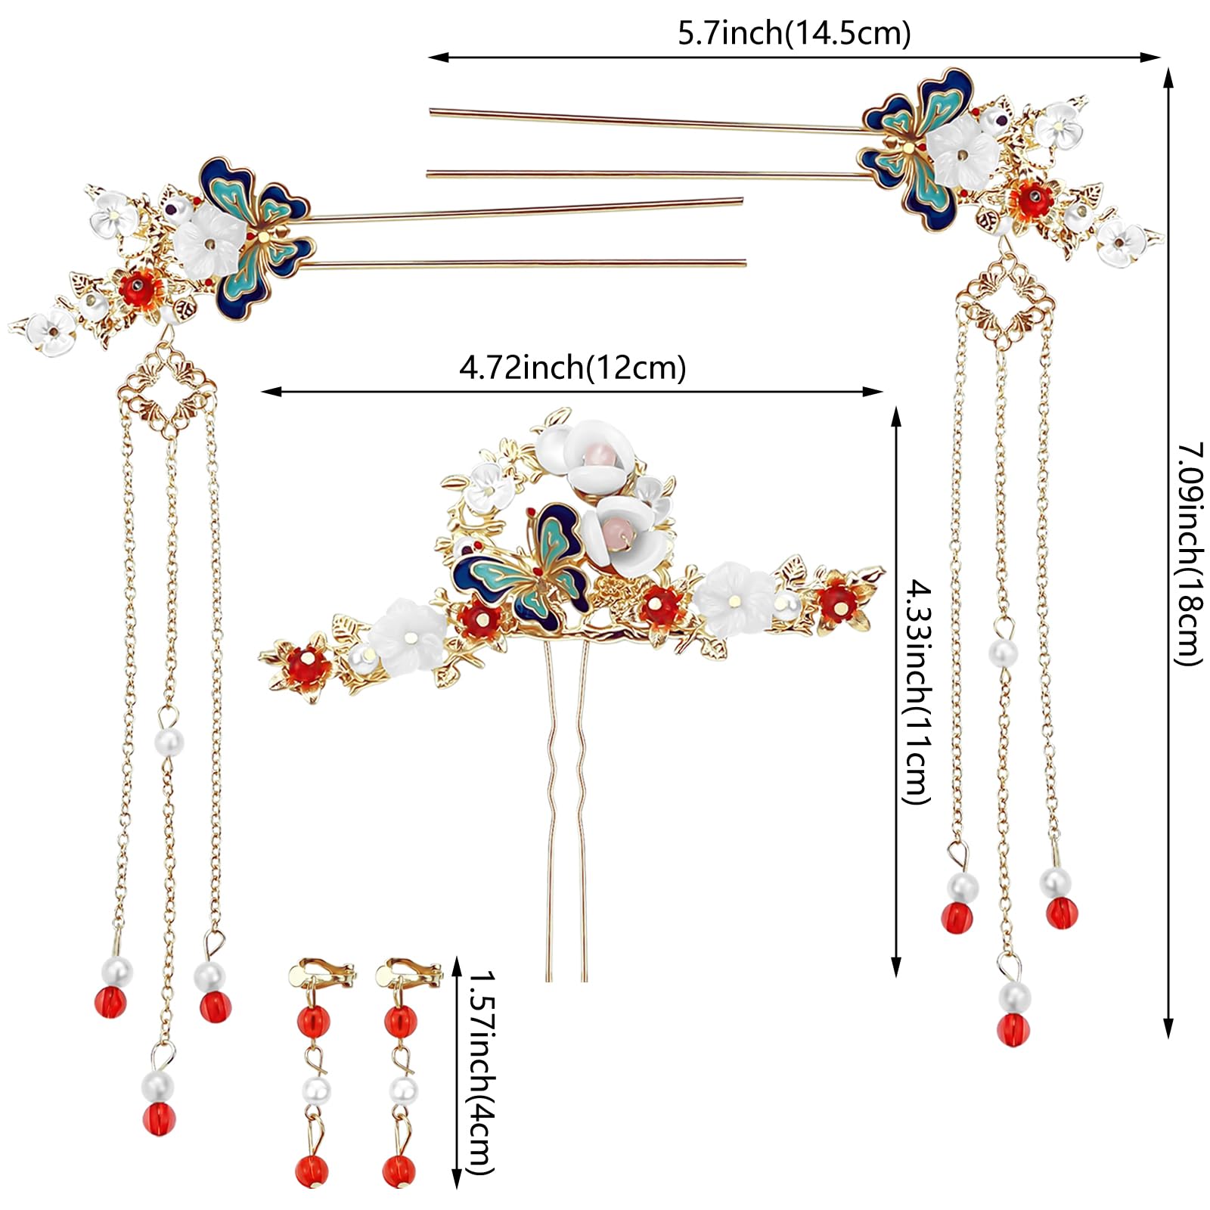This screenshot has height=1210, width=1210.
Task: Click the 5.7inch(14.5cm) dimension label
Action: (x=793, y=35)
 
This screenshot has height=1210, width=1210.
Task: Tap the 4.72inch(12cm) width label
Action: (x=572, y=368)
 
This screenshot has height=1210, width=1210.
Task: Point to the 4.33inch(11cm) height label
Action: (x=917, y=691)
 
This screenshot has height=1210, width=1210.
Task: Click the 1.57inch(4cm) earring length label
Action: (x=481, y=1078)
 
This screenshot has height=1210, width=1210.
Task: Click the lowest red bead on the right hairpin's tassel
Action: (x=1013, y=1028)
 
